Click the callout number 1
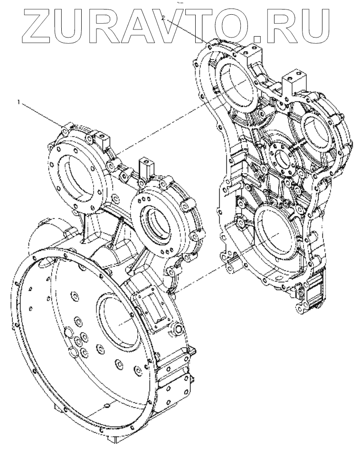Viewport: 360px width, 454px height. click(x=19, y=102)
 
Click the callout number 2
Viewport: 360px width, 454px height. click(x=164, y=18)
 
